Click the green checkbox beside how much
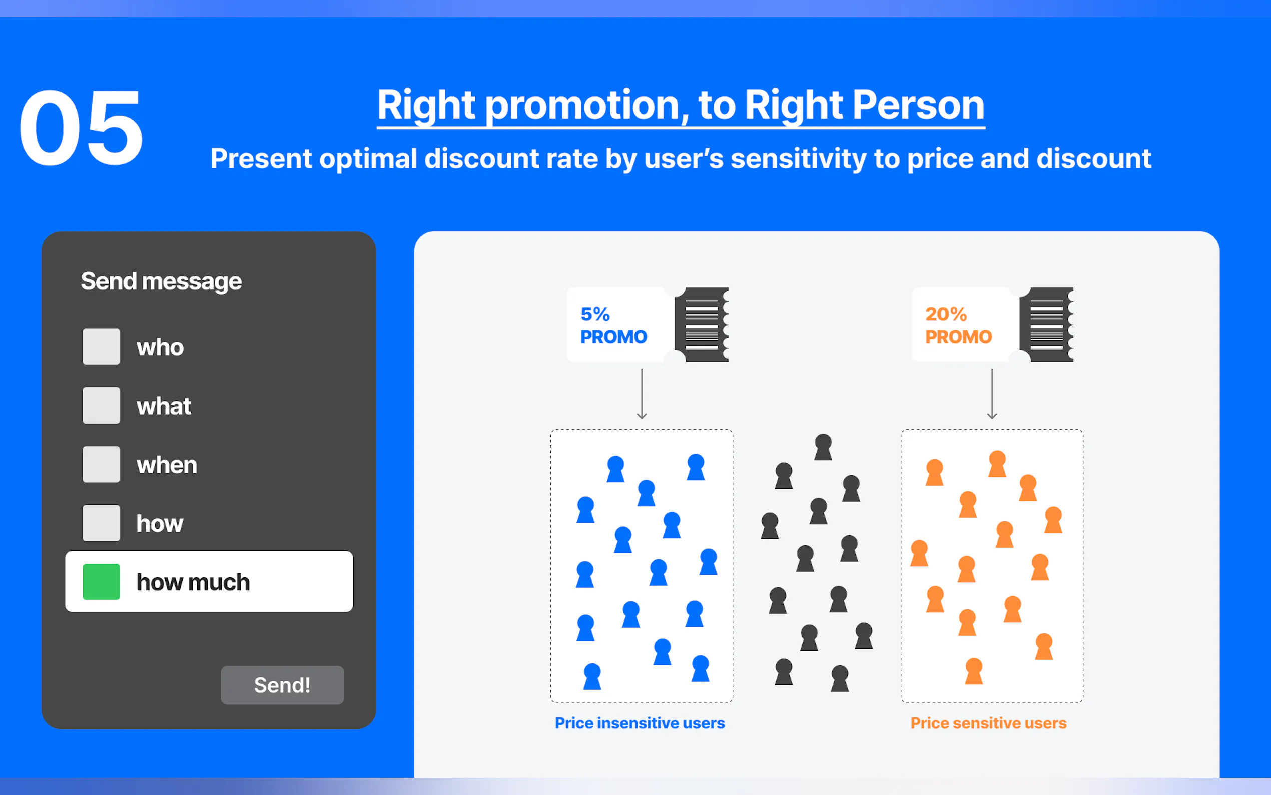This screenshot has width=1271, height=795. [x=102, y=582]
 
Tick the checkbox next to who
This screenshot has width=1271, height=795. [x=102, y=346]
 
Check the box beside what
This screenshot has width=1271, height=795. [x=102, y=406]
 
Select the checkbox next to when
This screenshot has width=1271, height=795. [x=102, y=464]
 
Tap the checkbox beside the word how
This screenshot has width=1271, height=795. [x=102, y=523]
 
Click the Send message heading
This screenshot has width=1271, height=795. [x=161, y=282]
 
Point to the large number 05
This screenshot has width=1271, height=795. [x=81, y=127]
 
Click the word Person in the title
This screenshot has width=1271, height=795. [x=918, y=105]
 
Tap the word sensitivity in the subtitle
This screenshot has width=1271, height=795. [x=799, y=159]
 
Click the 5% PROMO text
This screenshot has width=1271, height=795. [x=613, y=325]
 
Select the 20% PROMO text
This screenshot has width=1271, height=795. [x=958, y=325]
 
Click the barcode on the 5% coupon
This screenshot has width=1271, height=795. [x=702, y=324]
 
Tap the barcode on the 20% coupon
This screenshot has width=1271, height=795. [x=1046, y=324]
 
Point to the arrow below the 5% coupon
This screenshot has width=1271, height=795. [x=642, y=394]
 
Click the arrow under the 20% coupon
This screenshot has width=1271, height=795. [x=992, y=394]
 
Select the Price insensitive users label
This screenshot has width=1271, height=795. [x=640, y=723]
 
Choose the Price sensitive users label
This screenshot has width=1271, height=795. [x=988, y=723]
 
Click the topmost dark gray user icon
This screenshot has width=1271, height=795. [x=823, y=448]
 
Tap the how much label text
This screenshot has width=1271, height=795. [x=193, y=582]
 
